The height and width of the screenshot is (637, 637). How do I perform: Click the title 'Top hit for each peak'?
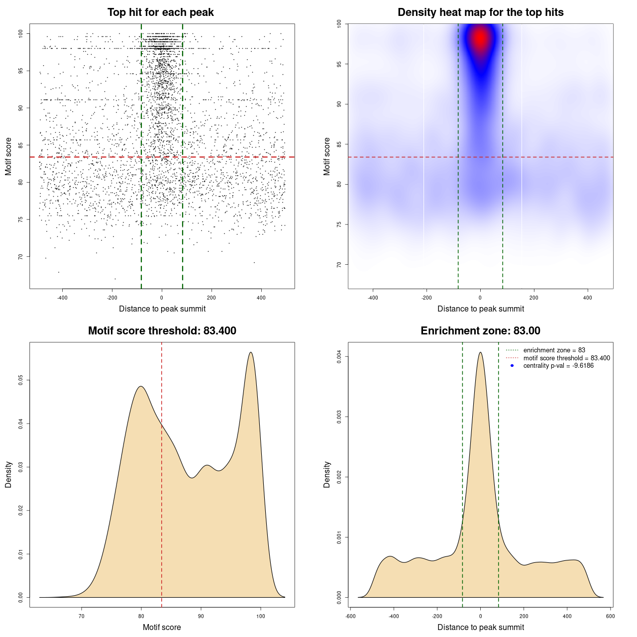[161, 12]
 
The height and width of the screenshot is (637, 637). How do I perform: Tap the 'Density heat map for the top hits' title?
[480, 12]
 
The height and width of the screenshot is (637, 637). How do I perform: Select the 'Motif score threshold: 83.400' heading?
[162, 331]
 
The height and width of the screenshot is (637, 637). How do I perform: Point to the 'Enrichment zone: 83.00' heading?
[480, 331]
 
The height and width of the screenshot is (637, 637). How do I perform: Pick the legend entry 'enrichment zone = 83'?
[554, 350]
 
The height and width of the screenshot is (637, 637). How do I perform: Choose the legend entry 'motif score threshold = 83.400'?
[566, 358]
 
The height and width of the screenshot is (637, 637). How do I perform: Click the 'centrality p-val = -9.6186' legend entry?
[558, 366]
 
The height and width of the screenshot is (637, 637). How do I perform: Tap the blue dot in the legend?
[512, 366]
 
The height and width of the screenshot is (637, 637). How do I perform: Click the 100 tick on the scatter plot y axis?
[21, 33]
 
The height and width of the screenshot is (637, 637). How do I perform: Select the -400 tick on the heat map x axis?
[373, 298]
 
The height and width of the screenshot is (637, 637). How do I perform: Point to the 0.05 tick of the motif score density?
[20, 381]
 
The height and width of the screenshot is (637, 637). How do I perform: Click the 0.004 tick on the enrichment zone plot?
[339, 357]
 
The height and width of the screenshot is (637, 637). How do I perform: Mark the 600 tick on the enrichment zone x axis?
[610, 616]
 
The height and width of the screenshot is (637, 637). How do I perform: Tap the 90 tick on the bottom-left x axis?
[201, 616]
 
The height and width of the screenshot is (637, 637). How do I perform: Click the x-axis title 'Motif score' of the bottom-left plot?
[162, 627]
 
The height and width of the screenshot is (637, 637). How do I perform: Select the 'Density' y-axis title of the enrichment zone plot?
[327, 474]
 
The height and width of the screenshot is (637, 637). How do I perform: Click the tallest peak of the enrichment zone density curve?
[480, 353]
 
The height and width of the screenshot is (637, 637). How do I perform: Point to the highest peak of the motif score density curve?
[251, 353]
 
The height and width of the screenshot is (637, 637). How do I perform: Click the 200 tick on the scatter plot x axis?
[212, 298]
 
